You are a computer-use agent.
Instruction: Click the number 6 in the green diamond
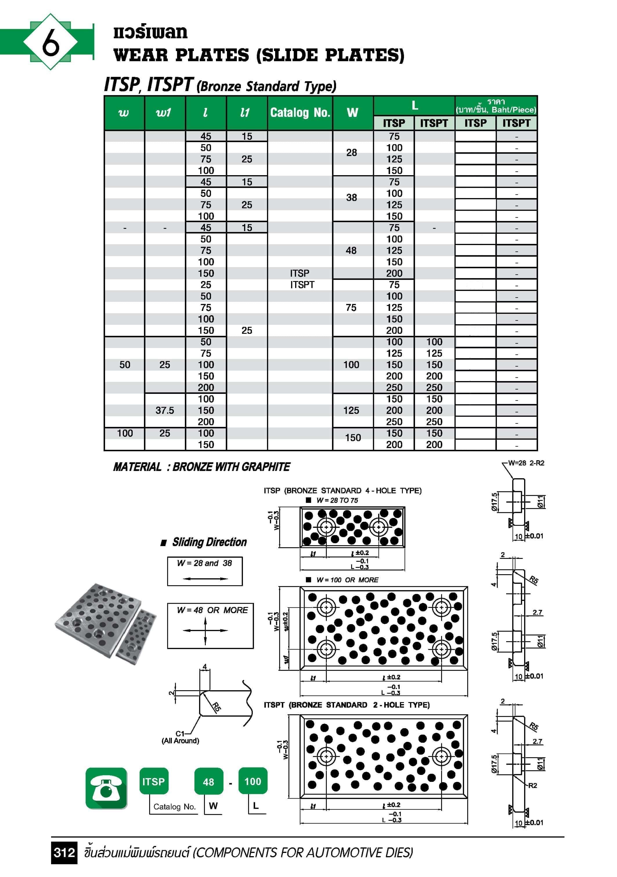point(50,42)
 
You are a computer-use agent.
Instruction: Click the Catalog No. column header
point(300,113)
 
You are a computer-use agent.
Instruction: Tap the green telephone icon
point(106,788)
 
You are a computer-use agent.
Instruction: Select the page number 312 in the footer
point(64,852)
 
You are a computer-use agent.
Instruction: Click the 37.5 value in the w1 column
point(165,410)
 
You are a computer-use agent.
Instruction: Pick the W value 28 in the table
point(352,153)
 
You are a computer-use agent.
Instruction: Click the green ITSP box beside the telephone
point(154,782)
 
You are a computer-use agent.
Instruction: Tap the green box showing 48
point(208,782)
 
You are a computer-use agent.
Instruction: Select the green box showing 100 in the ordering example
point(253,782)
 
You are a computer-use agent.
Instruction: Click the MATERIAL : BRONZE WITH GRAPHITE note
point(201,467)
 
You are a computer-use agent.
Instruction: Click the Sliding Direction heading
point(209,542)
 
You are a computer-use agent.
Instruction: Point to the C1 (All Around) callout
point(181,737)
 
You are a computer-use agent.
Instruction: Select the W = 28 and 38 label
point(205,563)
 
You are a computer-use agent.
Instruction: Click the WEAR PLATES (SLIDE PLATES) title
point(259,55)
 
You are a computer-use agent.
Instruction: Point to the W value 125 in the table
point(351,410)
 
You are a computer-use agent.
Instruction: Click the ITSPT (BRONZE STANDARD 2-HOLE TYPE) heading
point(346,705)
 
